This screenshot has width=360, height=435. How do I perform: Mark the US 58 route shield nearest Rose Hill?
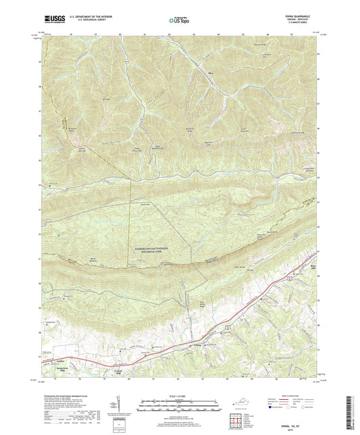[x=288, y=277]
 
